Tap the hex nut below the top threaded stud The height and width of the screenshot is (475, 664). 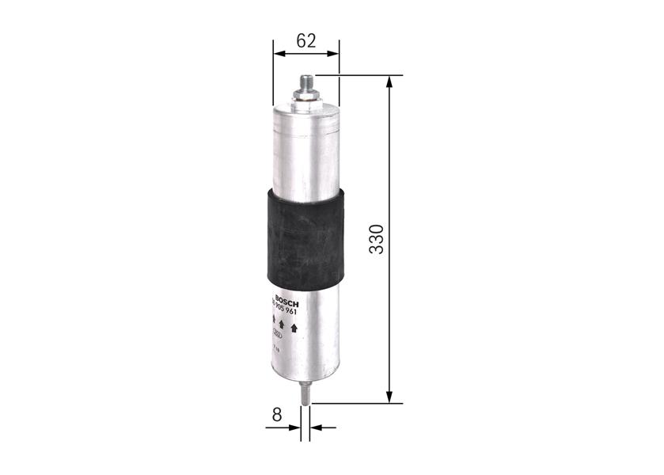tap(305, 96)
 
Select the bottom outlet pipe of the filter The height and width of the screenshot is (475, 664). tap(305, 392)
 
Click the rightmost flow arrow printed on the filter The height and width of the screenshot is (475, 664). tap(294, 329)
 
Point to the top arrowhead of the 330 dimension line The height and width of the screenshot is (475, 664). tap(389, 82)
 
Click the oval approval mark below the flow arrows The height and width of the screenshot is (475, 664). tap(279, 333)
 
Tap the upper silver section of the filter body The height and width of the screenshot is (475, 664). tap(305, 150)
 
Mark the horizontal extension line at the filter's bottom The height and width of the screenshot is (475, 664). tap(356, 403)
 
